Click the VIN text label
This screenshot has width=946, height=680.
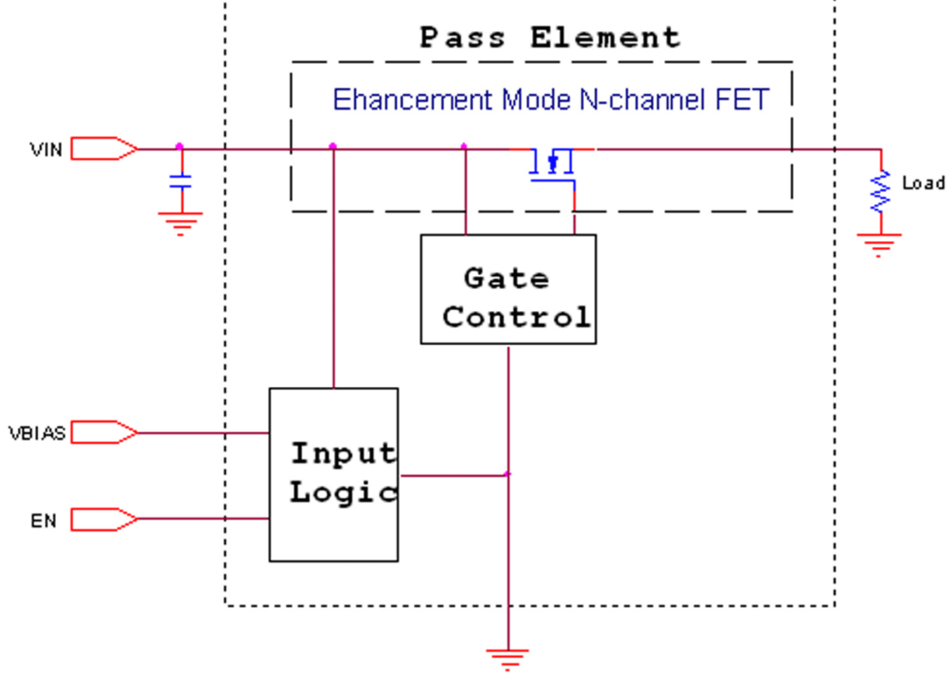point(46,148)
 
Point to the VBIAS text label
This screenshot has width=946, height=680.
point(37,433)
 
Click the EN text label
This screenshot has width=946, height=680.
point(44,521)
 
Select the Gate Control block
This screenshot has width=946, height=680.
point(508,289)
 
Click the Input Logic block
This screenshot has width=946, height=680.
point(333,474)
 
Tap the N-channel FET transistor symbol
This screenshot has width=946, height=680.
point(552,163)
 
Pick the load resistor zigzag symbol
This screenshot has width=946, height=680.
point(881,191)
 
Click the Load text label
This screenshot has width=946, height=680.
point(923,183)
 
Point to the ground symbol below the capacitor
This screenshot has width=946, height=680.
point(181,222)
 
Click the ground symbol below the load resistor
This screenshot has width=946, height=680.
point(880,242)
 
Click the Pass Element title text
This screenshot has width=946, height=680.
point(550,37)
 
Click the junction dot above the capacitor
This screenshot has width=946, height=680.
point(180,146)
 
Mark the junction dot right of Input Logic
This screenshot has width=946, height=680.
point(507,474)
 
